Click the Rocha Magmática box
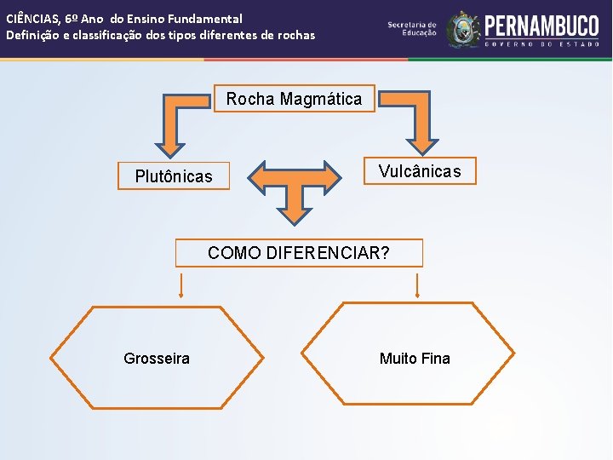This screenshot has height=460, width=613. coord(294,99)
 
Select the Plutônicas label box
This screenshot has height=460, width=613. coord(174,176)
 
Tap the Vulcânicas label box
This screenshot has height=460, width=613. coord(420,171)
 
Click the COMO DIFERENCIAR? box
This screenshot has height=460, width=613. coord(299,253)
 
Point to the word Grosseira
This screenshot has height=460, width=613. coord(157,359)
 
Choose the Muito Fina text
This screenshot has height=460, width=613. coord(415,359)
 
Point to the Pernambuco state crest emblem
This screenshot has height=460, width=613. coord(463,29)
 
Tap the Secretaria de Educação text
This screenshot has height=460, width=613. coord(412,29)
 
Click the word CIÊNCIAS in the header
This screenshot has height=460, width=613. coord(32,18)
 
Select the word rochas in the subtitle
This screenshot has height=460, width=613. coord(295,35)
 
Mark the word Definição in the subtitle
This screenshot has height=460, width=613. coord(32,35)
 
